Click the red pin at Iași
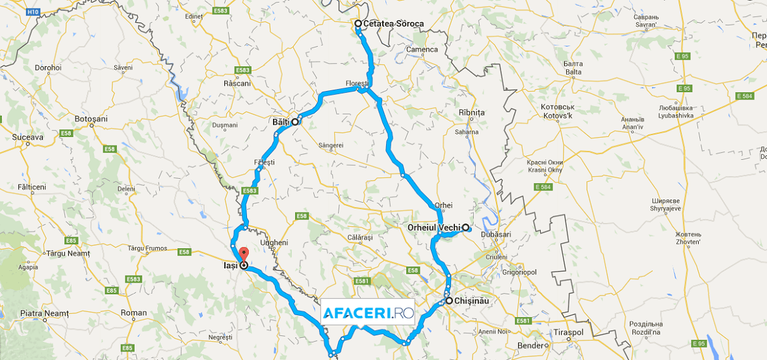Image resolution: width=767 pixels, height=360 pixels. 243,254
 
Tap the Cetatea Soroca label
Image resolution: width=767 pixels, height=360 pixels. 394,24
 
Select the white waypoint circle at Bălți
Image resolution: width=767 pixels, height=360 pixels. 294,122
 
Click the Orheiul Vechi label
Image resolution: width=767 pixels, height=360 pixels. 434,227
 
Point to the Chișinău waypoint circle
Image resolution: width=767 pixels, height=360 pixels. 448,300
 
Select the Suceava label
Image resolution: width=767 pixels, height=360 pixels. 27,138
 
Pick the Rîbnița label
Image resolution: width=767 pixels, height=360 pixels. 472,112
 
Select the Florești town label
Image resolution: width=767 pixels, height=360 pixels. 357,84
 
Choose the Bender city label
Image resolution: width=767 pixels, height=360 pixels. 530,345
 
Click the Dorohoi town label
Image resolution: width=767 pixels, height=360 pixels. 47,68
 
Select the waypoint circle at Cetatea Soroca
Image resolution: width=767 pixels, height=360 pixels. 357,23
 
